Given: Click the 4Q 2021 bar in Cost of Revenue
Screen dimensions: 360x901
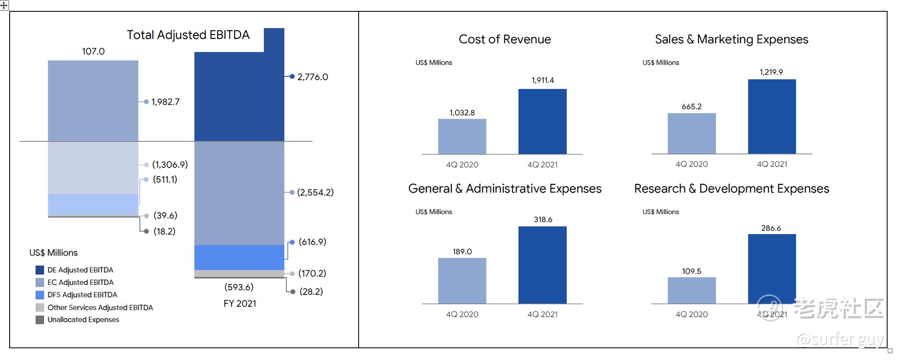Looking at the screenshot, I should pyautogui.click(x=542, y=121).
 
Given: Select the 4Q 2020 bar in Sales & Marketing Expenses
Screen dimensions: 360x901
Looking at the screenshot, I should pyautogui.click(x=692, y=133).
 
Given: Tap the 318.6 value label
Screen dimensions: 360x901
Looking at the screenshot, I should pyautogui.click(x=543, y=219).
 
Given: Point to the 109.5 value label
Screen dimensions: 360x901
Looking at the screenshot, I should pyautogui.click(x=691, y=271).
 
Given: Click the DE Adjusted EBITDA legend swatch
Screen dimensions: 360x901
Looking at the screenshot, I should pyautogui.click(x=40, y=270).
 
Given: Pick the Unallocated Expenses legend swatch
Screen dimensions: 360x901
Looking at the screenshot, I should pyautogui.click(x=40, y=320).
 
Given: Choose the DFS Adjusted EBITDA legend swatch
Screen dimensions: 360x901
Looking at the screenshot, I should pyautogui.click(x=40, y=295).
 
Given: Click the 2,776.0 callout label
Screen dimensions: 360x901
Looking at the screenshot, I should pyautogui.click(x=312, y=77).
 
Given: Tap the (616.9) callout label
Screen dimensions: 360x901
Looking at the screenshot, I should pyautogui.click(x=312, y=242).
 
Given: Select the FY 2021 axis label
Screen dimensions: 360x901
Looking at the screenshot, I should pyautogui.click(x=240, y=303).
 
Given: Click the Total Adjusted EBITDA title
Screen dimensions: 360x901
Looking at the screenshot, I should pyautogui.click(x=188, y=35).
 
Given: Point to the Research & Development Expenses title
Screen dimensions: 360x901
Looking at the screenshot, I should pyautogui.click(x=732, y=188).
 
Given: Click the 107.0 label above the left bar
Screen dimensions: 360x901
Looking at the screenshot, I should pyautogui.click(x=93, y=51).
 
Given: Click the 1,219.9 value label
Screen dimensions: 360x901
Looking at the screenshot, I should pyautogui.click(x=771, y=72).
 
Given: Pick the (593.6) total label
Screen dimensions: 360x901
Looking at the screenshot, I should pyautogui.click(x=239, y=287).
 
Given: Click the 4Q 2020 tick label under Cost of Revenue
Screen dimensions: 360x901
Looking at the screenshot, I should pyautogui.click(x=462, y=165).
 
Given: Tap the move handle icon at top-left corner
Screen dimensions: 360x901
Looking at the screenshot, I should pyautogui.click(x=4, y=5).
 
